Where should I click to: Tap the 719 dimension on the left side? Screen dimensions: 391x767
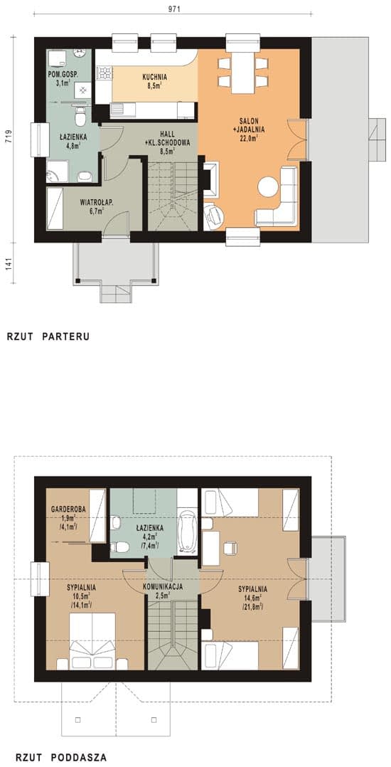point(9,136)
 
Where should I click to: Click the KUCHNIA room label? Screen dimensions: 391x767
point(155,77)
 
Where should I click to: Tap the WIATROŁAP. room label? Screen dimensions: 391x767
point(97,201)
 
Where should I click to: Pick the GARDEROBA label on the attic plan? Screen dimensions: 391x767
point(68,509)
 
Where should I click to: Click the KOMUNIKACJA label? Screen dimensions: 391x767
point(163,587)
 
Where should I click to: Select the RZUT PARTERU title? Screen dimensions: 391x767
point(48,337)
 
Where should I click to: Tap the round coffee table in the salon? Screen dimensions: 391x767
point(268,186)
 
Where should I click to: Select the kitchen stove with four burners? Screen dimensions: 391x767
point(105,73)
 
